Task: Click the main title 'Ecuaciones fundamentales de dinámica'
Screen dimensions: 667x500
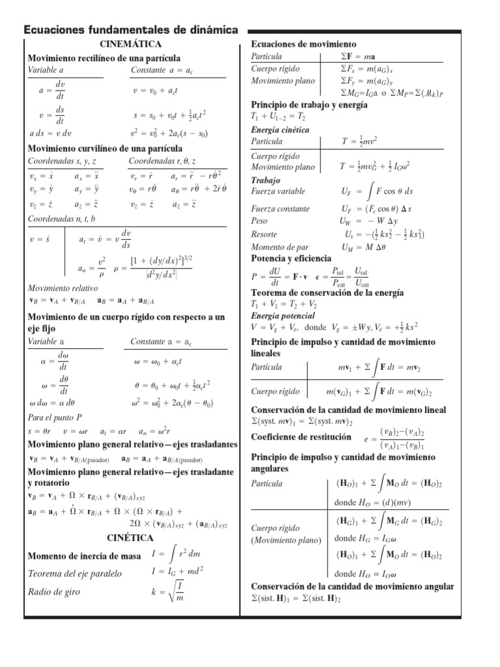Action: coord(130,30)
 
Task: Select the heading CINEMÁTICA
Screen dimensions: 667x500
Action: coord(130,44)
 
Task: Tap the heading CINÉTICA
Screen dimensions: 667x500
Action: coord(130,538)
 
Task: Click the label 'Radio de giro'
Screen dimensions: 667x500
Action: coord(55,592)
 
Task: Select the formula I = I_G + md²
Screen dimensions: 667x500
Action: coord(177,571)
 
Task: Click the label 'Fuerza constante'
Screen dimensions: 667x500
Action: coord(281,209)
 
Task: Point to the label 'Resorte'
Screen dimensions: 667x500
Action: coord(264,234)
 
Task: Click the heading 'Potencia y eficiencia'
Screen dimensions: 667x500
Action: coord(291,259)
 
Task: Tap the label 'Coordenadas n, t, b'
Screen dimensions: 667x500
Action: coord(62,219)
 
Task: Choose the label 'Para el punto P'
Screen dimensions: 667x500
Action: coord(55,417)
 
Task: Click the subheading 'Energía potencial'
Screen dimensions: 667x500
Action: coord(283,316)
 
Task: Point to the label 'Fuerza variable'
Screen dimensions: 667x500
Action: coord(278,192)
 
